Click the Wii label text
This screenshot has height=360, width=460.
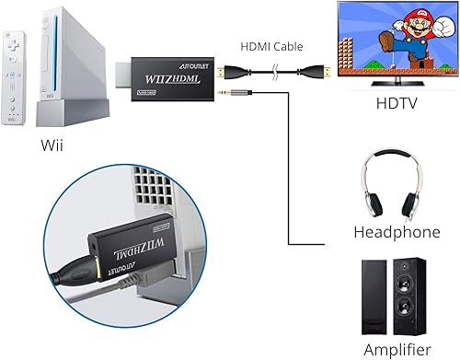[x=53, y=145]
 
